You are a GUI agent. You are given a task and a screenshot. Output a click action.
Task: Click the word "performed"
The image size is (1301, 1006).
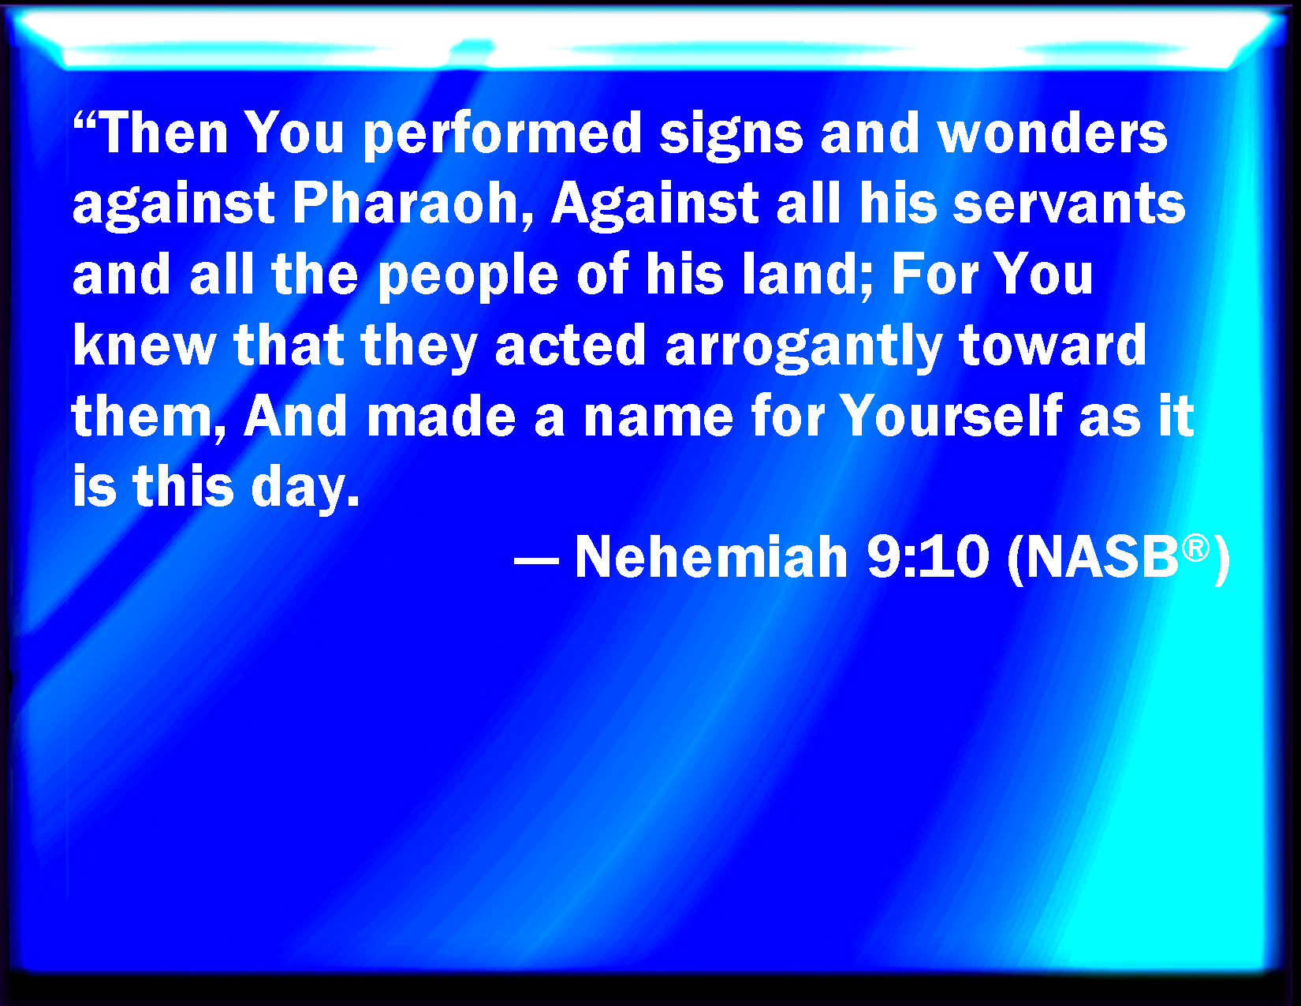coord(503,136)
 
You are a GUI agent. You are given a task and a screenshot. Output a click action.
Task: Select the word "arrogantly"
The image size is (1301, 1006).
coord(804,347)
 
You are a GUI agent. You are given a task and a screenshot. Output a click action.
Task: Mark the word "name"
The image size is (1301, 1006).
coord(658,418)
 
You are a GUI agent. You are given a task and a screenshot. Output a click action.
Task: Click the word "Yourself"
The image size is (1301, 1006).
coord(952,414)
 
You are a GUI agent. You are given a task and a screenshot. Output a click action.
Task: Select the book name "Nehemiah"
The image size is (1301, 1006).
coord(711,556)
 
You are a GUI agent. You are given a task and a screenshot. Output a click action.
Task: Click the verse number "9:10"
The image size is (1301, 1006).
coord(928,557)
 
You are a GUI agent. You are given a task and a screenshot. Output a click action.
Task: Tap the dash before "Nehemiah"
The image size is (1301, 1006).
coord(536,563)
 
